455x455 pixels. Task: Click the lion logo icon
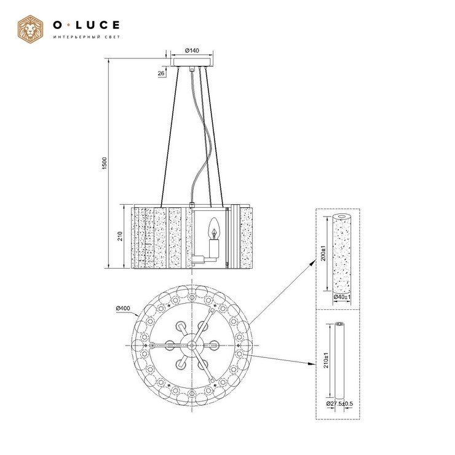31,30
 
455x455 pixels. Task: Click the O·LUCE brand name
86,25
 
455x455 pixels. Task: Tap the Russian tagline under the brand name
87,37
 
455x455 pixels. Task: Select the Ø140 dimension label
192,50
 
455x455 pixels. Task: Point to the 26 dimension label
161,73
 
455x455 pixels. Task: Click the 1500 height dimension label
105,164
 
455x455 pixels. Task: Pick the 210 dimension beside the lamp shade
120,236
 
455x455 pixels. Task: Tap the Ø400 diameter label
123,308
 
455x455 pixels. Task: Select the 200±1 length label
323,253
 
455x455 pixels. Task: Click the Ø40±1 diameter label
342,297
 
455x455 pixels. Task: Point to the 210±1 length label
326,360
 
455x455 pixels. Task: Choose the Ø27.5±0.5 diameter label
339,403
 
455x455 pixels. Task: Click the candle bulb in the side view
215,228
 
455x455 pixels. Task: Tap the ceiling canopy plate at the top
192,62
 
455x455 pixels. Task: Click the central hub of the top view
191,346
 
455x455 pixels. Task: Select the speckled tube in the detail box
342,253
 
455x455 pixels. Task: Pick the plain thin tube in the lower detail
339,360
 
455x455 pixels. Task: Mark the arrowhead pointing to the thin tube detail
312,363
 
